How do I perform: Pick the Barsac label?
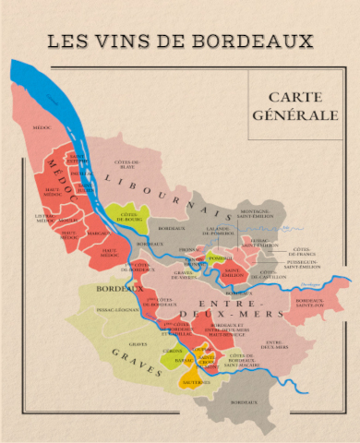(183, 361)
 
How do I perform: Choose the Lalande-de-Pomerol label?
(219, 229)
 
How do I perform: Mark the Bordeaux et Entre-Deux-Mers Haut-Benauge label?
(226, 329)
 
